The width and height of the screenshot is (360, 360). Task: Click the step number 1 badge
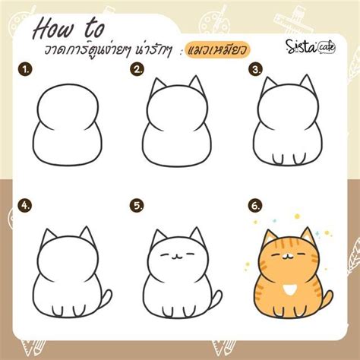point(26,70)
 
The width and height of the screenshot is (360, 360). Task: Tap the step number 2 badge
point(137,70)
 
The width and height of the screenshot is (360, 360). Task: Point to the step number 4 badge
point(26,205)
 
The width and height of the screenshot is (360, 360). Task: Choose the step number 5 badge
point(137,205)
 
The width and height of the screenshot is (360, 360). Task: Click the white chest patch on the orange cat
point(290,290)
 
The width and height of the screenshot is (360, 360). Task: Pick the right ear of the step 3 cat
point(305,84)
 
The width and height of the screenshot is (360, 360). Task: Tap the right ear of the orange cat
point(307,236)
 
